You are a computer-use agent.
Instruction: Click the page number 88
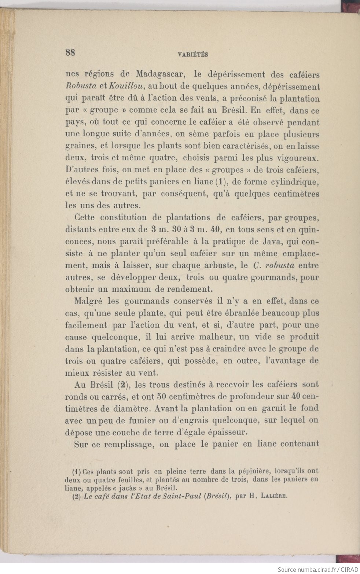70,52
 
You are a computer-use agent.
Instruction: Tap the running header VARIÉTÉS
193,55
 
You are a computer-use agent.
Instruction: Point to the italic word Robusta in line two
81,87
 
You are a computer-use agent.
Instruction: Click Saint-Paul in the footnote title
183,497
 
